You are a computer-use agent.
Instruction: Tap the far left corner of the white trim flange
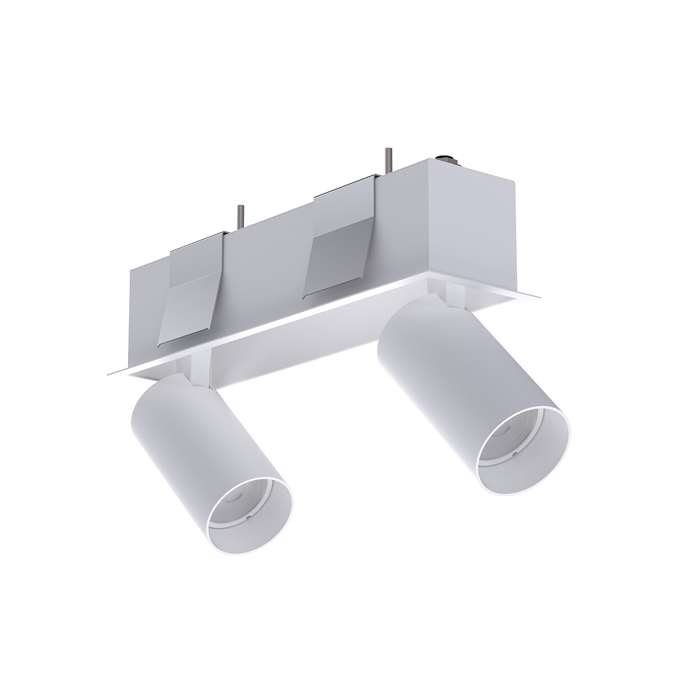(108, 373)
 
